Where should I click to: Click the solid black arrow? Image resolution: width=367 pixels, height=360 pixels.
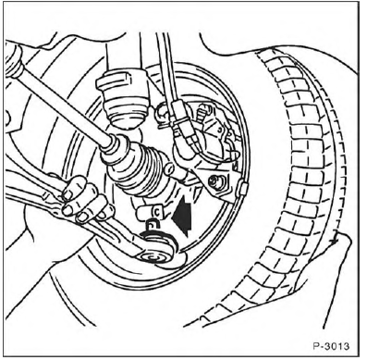[182, 216]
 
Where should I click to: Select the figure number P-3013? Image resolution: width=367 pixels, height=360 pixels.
[331, 346]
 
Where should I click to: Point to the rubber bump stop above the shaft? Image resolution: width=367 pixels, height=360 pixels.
[123, 99]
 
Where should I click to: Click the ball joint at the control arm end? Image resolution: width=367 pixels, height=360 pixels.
[158, 247]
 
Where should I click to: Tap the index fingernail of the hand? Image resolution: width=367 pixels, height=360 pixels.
[67, 195]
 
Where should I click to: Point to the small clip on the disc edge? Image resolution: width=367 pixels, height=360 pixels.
[243, 188]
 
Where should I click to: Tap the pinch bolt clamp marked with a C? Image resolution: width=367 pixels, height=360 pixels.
[150, 213]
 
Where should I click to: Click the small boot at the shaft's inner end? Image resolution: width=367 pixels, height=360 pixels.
[13, 62]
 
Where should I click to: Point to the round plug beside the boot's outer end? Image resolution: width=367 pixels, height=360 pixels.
[168, 168]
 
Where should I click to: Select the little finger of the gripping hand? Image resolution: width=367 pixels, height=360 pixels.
[104, 213]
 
